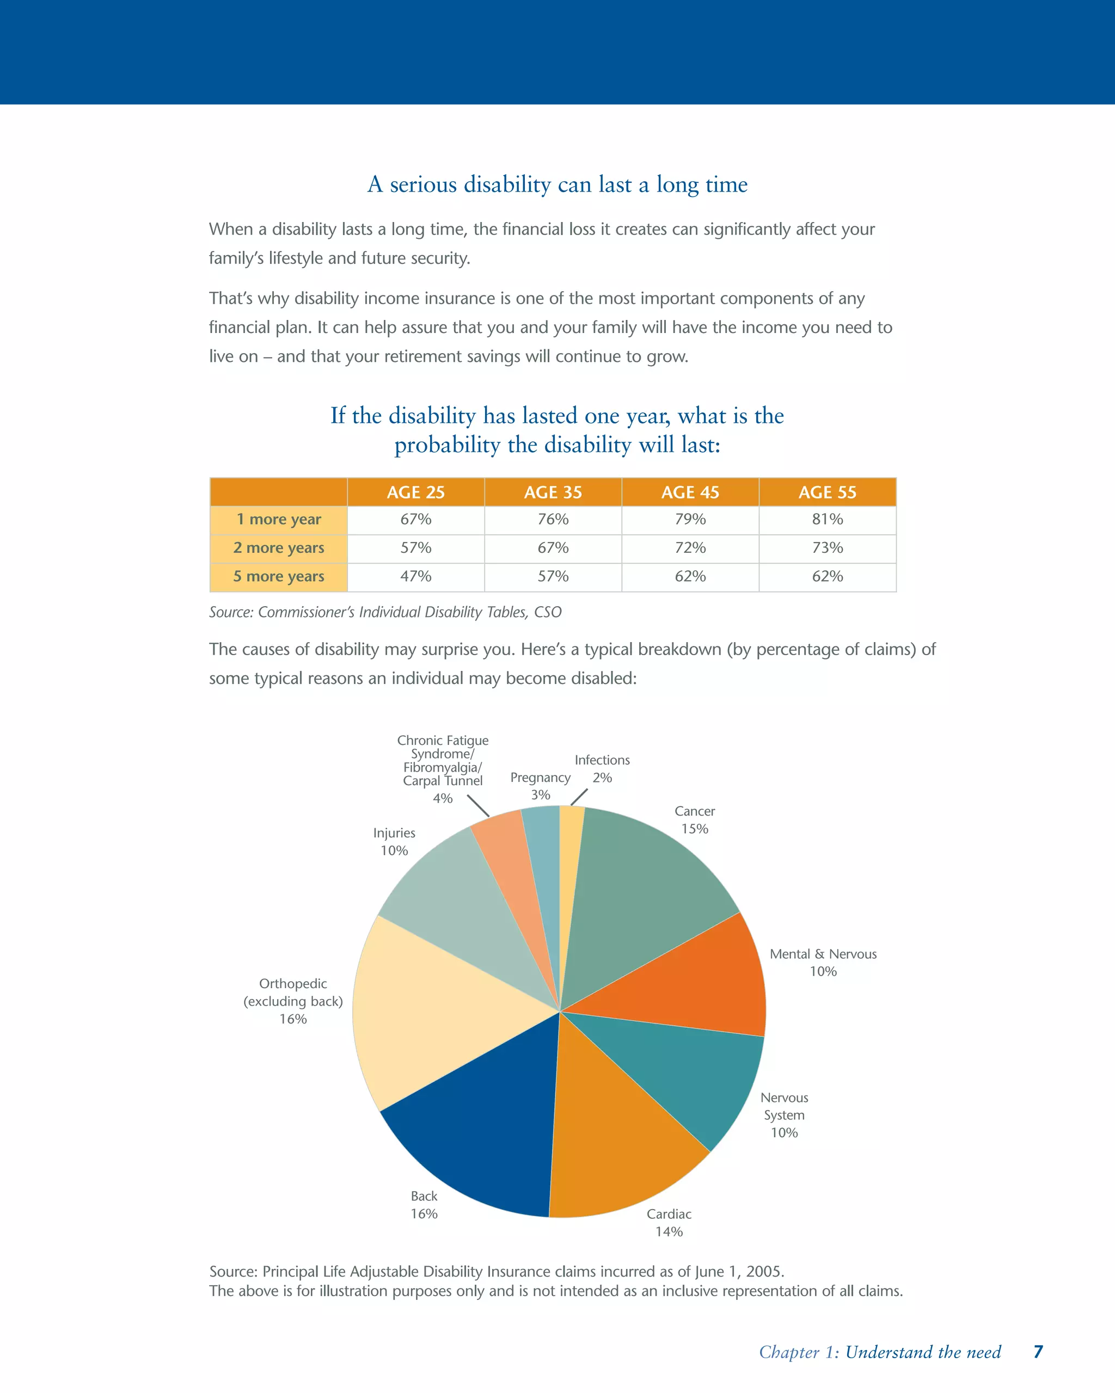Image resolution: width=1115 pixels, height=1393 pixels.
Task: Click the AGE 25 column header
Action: tap(415, 492)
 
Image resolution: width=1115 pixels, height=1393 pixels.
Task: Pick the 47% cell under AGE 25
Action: tap(415, 576)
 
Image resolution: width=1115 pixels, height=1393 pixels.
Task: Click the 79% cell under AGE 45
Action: tap(690, 520)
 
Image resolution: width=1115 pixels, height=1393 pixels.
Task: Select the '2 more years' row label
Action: tap(279, 548)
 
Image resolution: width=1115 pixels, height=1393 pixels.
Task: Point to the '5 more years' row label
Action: tap(279, 576)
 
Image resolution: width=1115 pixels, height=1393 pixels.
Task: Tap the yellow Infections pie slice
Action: tap(570, 859)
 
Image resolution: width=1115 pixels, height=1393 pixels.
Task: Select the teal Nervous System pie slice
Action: tap(685, 1073)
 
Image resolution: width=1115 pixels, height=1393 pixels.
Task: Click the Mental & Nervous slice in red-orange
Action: tap(698, 982)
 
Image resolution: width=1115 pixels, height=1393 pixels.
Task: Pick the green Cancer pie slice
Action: tap(640, 892)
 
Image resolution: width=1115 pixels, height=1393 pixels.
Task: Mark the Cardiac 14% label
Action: tap(669, 1223)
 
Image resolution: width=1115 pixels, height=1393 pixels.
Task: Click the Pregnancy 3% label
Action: tap(541, 786)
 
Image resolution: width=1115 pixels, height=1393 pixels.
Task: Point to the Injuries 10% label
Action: tap(394, 841)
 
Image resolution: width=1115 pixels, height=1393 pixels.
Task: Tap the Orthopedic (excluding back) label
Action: tap(293, 1001)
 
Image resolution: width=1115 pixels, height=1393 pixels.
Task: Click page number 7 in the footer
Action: tap(1038, 1352)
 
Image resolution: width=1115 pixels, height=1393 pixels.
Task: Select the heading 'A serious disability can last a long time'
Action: tap(557, 185)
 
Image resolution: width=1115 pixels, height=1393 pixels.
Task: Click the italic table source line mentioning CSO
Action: tap(385, 612)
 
